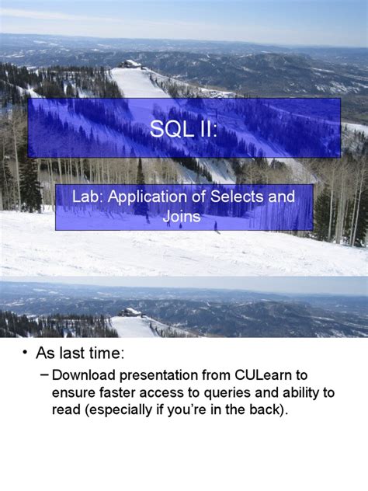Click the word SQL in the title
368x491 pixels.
[168, 127]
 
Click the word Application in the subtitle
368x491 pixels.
[145, 197]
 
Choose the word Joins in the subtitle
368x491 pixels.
[182, 217]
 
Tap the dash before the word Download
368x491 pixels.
[43, 375]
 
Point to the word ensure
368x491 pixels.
[75, 392]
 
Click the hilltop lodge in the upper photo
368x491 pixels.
[132, 64]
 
